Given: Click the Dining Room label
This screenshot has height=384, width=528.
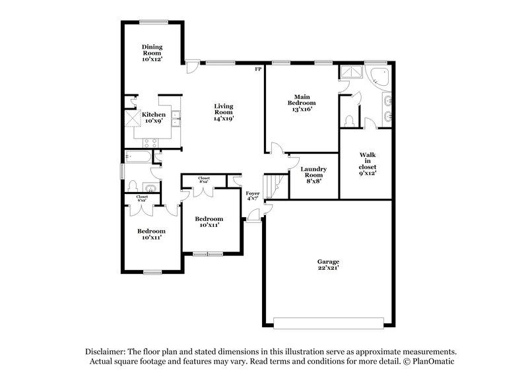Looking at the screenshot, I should (152, 52).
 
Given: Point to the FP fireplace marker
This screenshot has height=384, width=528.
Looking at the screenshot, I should (259, 68).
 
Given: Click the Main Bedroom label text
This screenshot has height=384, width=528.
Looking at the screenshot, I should (304, 102).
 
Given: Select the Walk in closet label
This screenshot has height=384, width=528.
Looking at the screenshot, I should (368, 164).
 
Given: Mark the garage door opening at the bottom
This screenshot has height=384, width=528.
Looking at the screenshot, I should (328, 323).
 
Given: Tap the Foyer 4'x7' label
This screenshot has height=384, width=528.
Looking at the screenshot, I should (253, 196).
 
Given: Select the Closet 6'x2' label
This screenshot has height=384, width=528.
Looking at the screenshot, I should (142, 197).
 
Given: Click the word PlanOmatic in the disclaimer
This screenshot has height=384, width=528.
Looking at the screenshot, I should (432, 362).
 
